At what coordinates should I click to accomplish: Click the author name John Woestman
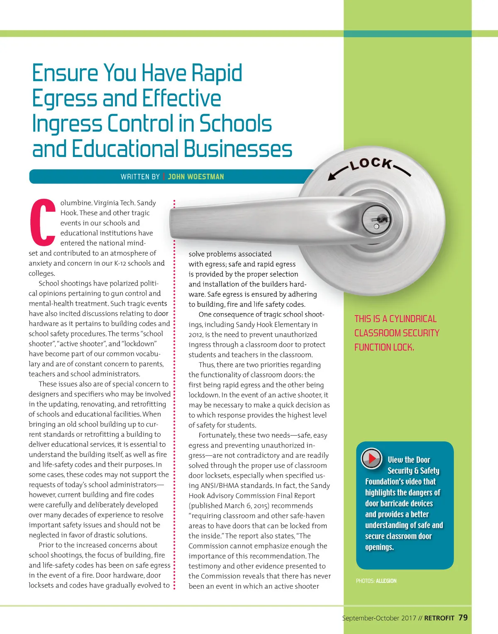click(x=196, y=177)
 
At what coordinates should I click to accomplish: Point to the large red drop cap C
click(x=43, y=222)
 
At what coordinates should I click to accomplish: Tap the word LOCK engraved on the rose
click(x=370, y=164)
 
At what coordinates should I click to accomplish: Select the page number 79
click(x=463, y=618)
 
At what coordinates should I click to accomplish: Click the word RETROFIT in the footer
click(x=439, y=618)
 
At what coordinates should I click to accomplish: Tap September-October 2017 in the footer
click(x=379, y=618)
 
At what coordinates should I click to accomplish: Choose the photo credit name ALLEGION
click(x=386, y=581)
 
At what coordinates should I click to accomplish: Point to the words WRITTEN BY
click(x=140, y=177)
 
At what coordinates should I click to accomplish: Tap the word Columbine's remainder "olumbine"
click(x=76, y=203)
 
